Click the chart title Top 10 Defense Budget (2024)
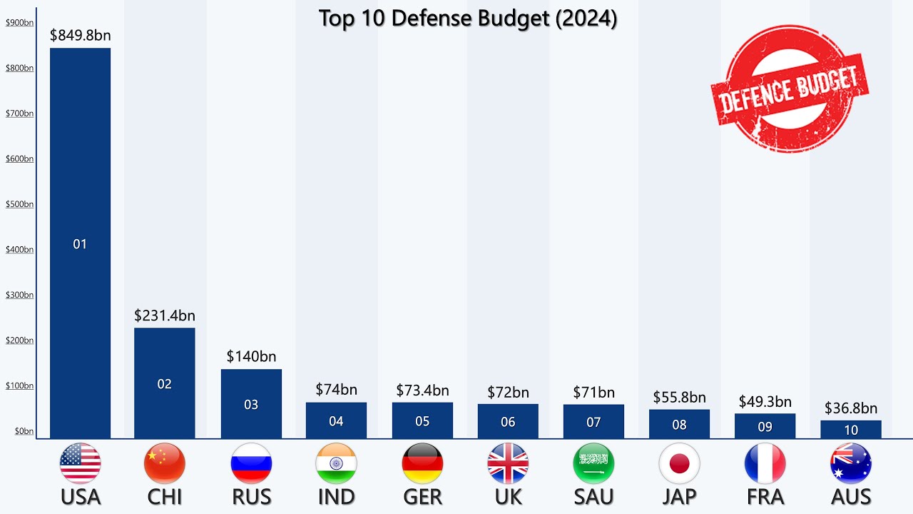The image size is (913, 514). (x=467, y=19)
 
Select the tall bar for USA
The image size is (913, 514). (x=80, y=243)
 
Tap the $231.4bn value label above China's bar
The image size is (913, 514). (x=165, y=316)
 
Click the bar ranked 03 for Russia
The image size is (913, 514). (x=251, y=403)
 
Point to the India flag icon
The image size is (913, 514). (x=336, y=463)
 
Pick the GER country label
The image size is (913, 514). (x=422, y=496)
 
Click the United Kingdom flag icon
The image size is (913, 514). (x=508, y=463)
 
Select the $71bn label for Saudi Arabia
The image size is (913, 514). (x=593, y=392)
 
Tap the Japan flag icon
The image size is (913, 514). (x=679, y=463)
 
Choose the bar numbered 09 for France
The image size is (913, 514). (x=765, y=426)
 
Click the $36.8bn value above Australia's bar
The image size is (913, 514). (x=850, y=408)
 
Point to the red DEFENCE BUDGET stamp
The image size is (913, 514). (x=790, y=89)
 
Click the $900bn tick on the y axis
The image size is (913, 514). (x=19, y=23)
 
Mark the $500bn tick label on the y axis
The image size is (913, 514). (x=19, y=204)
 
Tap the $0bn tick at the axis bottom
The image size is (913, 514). (x=24, y=431)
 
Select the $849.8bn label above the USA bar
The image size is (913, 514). (x=80, y=35)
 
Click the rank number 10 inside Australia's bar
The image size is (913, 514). (x=850, y=430)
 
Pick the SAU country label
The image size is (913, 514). (x=593, y=496)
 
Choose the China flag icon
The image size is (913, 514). (x=165, y=463)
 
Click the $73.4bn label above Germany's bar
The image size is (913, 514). (x=422, y=390)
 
